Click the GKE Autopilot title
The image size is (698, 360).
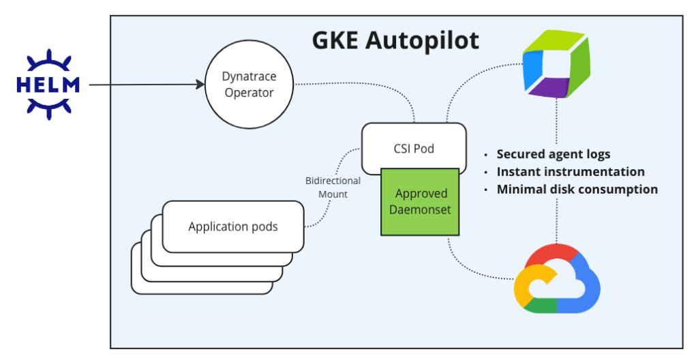coord(395,40)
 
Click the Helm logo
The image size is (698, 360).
coord(48,85)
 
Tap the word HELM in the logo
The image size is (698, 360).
coord(48,85)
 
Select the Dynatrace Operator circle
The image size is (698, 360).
coord(249,85)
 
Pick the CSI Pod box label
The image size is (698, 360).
coord(414,148)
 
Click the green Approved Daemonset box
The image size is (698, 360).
coord(420,202)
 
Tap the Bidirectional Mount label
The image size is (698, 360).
coord(333,187)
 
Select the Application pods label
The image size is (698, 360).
coord(233,226)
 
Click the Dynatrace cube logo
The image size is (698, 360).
coord(556,64)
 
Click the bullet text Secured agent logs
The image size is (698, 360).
coord(553,154)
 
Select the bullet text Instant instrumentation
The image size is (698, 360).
coord(570,172)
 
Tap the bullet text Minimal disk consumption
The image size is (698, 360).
coord(577,190)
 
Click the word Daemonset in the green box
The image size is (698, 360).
coord(420,210)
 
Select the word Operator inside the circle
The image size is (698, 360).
coord(249,93)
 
